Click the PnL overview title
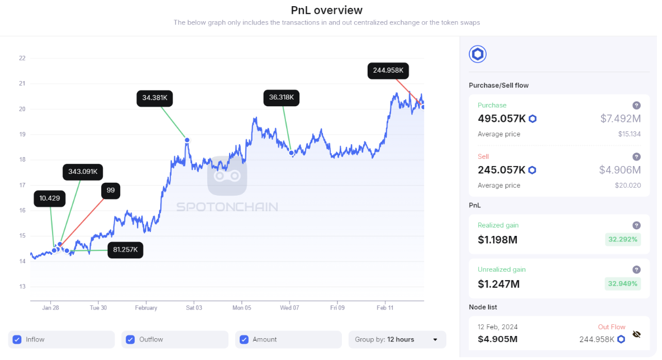pyautogui.click(x=326, y=10)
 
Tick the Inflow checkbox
pyautogui.click(x=17, y=340)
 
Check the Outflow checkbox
pyautogui.click(x=130, y=340)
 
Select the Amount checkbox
pyautogui.click(x=244, y=340)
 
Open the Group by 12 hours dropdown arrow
pyautogui.click(x=435, y=340)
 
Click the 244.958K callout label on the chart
pyautogui.click(x=388, y=70)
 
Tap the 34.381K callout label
pyautogui.click(x=155, y=98)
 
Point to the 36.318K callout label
pyautogui.click(x=281, y=98)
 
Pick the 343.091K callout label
pyautogui.click(x=83, y=172)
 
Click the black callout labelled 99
pyautogui.click(x=111, y=191)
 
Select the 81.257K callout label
pyautogui.click(x=125, y=250)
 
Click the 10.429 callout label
pyautogui.click(x=49, y=198)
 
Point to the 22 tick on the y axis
pyautogui.click(x=22, y=58)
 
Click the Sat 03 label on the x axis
pyautogui.click(x=194, y=307)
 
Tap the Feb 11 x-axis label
pyautogui.click(x=384, y=307)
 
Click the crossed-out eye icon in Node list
pyautogui.click(x=637, y=335)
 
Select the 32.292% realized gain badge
pyautogui.click(x=623, y=240)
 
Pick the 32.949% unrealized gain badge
pyautogui.click(x=623, y=283)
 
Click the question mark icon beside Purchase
pyautogui.click(x=636, y=106)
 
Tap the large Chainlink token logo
pyautogui.click(x=478, y=54)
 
